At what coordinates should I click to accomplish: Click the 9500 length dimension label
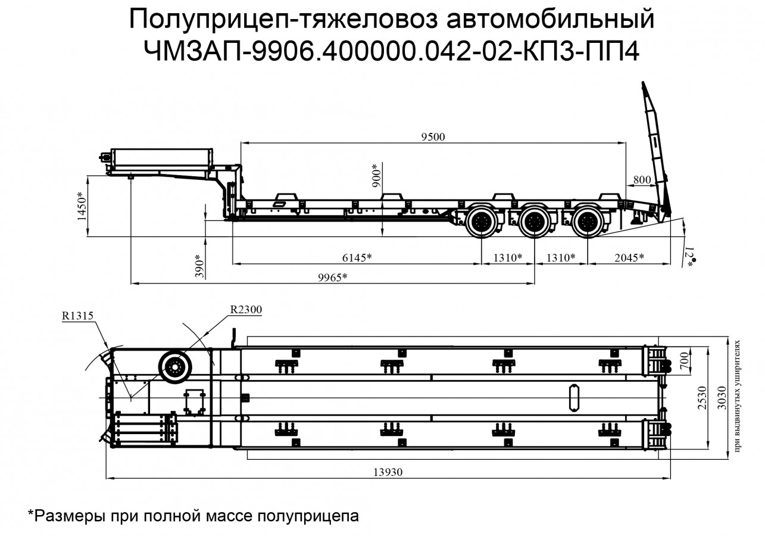[x=433, y=136]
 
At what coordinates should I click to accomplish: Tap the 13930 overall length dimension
[x=388, y=472]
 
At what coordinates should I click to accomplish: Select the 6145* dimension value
[x=357, y=257]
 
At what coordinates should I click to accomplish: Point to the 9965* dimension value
[x=332, y=278]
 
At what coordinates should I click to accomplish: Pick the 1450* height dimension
[x=82, y=207]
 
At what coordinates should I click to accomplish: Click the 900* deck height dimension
[x=376, y=176]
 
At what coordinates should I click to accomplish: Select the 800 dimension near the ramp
[x=641, y=179]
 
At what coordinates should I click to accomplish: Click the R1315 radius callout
[x=77, y=316]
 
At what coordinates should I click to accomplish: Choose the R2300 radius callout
[x=246, y=309]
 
